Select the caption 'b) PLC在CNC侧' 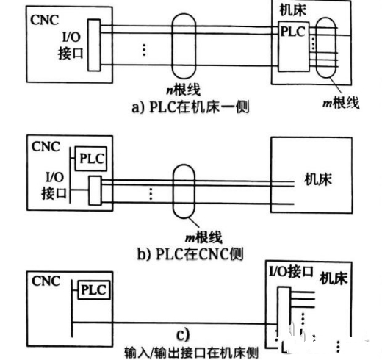coord(190,254)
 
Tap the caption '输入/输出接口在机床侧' coord(190,352)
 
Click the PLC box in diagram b coord(92,158)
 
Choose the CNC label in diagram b coord(44,145)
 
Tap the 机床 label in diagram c coord(335,279)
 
